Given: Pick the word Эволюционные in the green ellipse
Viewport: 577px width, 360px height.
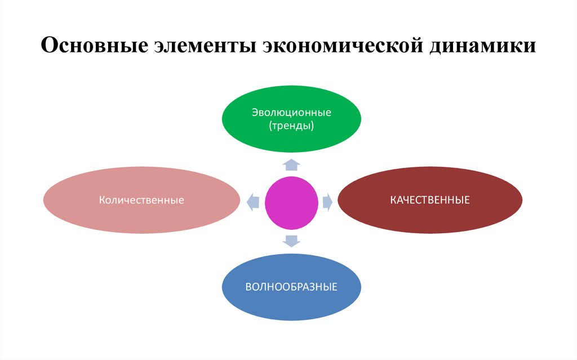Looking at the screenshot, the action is coord(291,113).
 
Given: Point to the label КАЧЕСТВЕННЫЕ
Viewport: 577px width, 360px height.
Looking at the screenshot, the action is coord(430,200).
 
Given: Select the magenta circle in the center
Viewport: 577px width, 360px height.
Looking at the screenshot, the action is coord(291,202).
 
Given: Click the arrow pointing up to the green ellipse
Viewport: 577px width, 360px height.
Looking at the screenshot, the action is coord(291,165).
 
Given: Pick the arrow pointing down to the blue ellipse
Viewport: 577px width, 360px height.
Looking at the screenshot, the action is coord(291,241).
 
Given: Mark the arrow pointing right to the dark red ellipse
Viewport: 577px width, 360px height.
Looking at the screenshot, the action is coord(328,202).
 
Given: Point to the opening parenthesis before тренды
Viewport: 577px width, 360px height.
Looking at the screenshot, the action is coord(270,126).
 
